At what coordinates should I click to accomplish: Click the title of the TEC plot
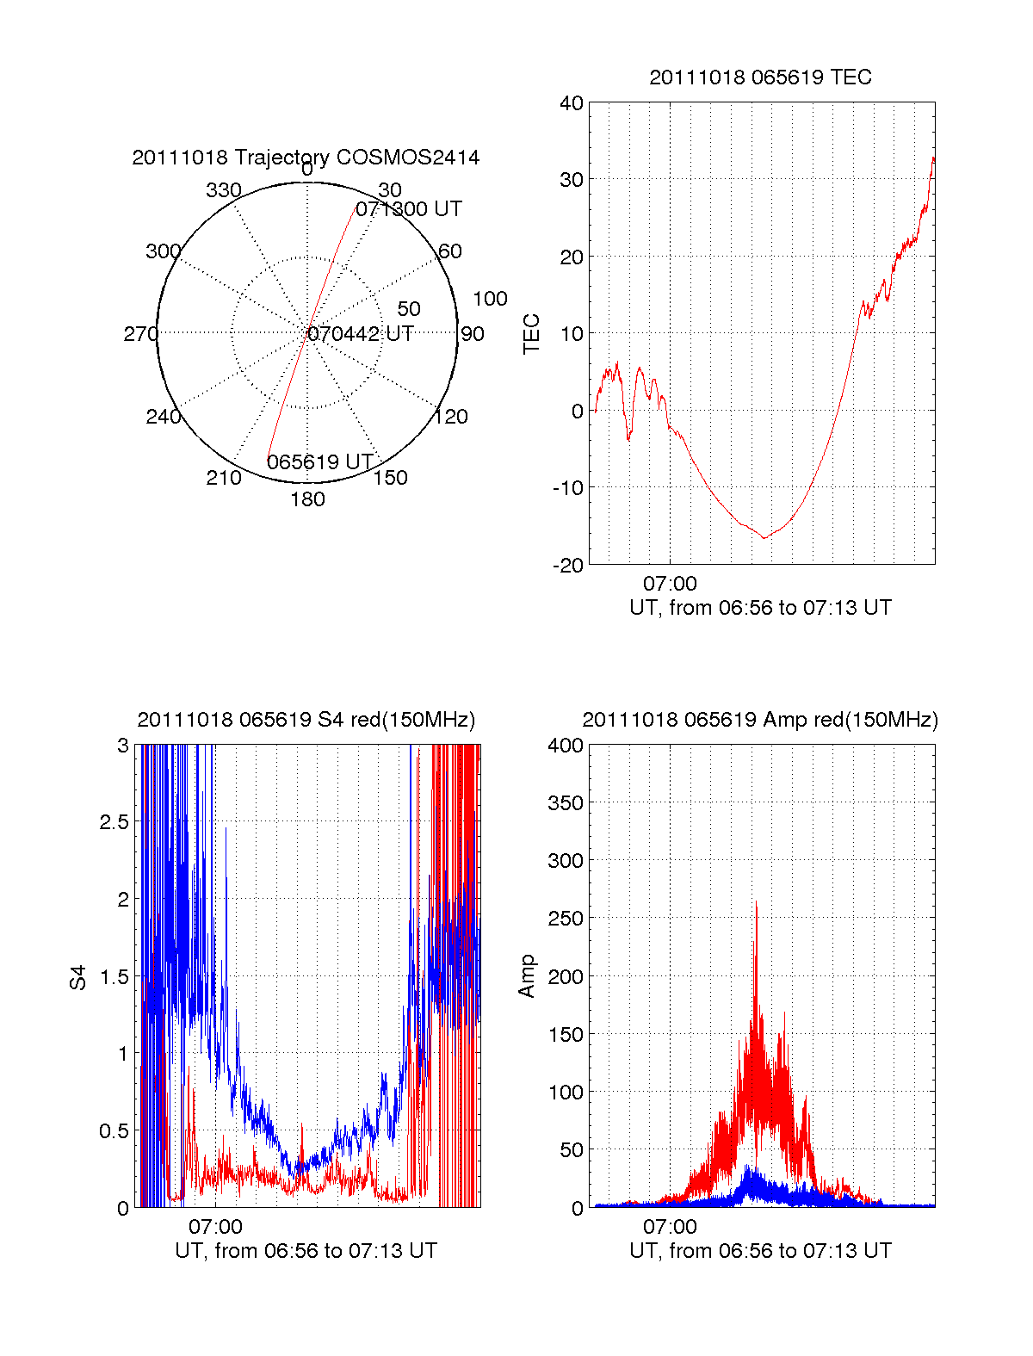(x=760, y=77)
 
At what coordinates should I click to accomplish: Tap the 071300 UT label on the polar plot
(x=409, y=209)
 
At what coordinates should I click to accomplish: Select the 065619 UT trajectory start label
(x=319, y=462)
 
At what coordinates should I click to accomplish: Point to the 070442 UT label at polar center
(x=361, y=334)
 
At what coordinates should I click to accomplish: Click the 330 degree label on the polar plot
(x=224, y=190)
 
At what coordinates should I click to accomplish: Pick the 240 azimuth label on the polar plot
(x=164, y=417)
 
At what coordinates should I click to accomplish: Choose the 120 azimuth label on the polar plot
(x=451, y=417)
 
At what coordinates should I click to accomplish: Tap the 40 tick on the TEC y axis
(x=572, y=103)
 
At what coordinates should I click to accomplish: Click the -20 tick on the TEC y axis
(x=568, y=565)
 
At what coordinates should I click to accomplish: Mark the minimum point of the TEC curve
(x=764, y=538)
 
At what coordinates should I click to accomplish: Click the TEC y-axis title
(x=531, y=334)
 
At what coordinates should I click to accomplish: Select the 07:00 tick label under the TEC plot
(x=670, y=585)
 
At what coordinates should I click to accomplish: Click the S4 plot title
(x=306, y=720)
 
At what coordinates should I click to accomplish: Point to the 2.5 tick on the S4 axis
(x=114, y=822)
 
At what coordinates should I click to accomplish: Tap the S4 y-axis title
(x=78, y=977)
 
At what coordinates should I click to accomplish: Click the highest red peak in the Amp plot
(x=756, y=901)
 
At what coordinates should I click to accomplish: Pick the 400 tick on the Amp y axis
(x=566, y=746)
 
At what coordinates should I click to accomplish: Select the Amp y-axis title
(x=527, y=976)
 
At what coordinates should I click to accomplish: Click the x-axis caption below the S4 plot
(x=306, y=1251)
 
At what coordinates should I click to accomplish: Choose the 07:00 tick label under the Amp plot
(x=670, y=1227)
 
